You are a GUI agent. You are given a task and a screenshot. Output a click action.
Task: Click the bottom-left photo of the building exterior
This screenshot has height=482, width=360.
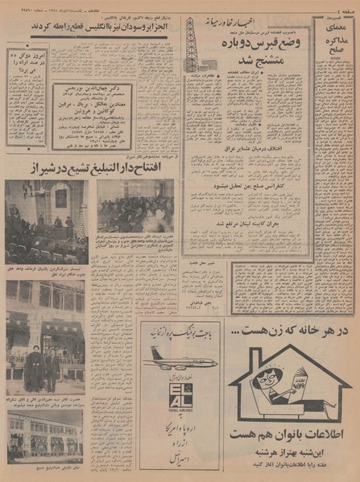pos(44,434)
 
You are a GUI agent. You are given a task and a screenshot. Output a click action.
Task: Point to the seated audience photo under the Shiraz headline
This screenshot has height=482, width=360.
pos(135,205)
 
